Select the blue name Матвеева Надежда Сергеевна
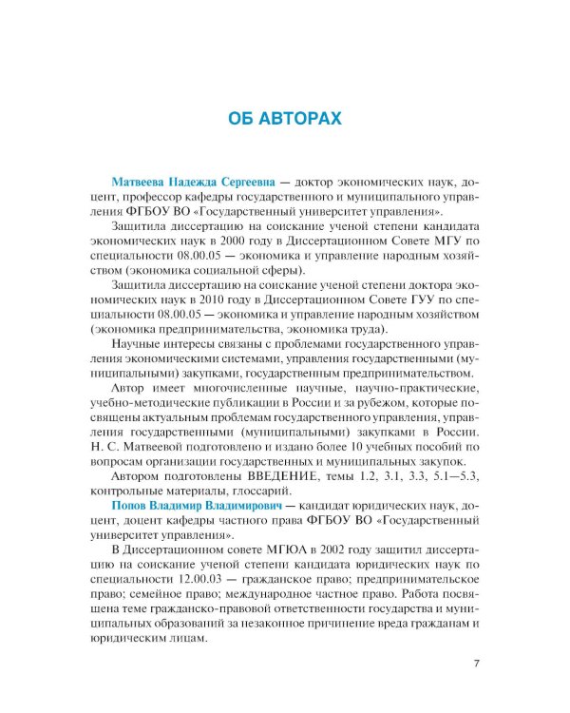tap(194, 180)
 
